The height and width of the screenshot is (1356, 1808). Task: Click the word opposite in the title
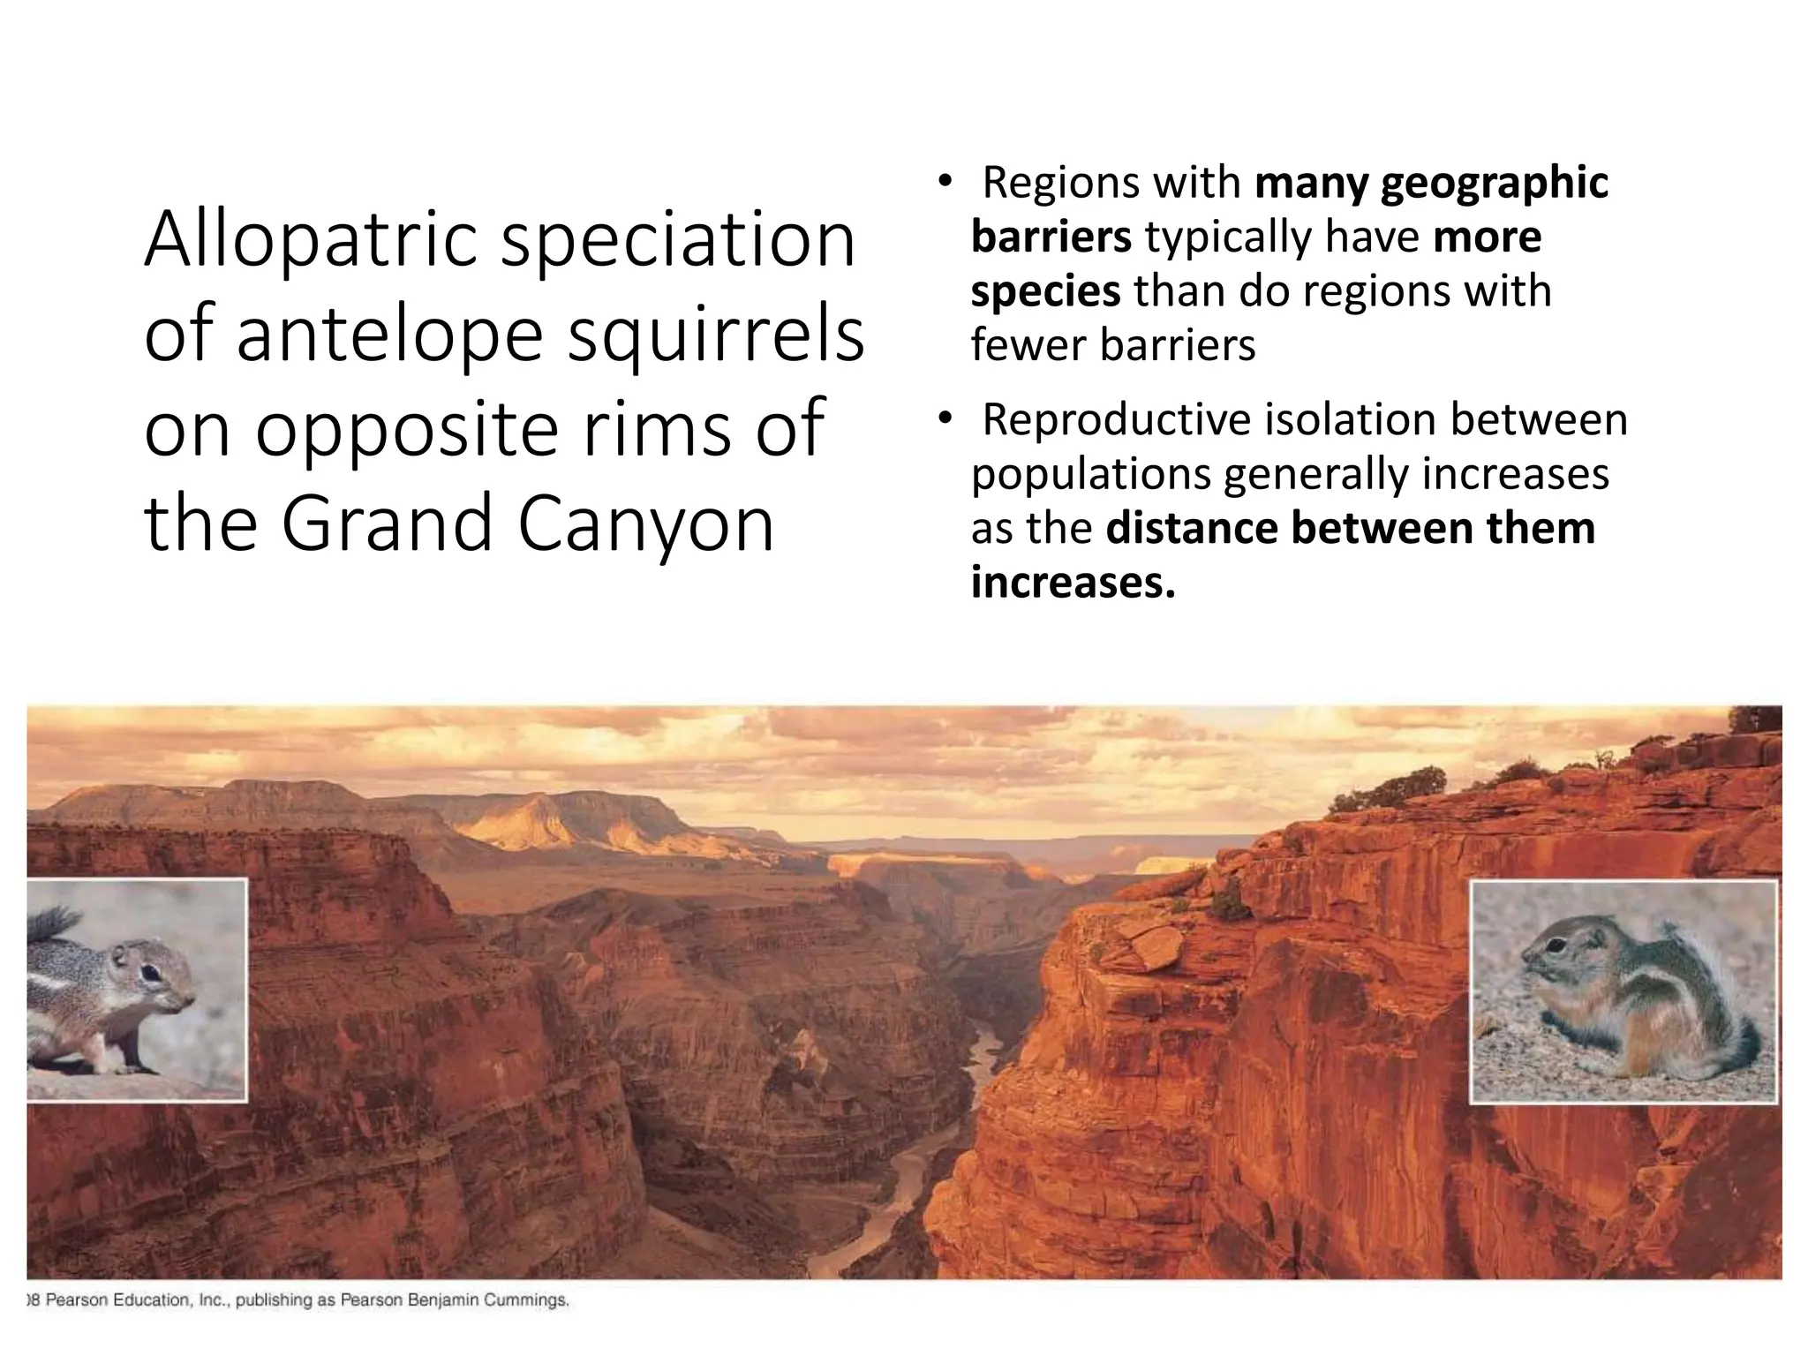pos(407,430)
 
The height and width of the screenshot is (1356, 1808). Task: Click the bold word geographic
pos(1494,183)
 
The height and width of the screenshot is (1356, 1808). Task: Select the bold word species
pos(1045,291)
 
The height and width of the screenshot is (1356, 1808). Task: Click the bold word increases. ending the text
pos(1073,583)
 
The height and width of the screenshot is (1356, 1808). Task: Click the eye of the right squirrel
pos(1555,947)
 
